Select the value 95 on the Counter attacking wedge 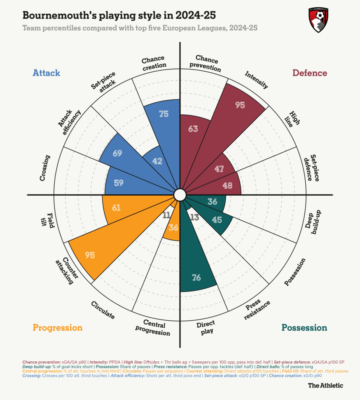pos(90,255)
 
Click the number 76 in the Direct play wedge pos(196,278)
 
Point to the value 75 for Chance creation pos(164,114)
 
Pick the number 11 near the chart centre pos(166,215)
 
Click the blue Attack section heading pos(46,73)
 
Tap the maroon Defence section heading pos(310,73)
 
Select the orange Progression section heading pos(57,327)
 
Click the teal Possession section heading pos(304,327)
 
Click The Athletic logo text pos(325,385)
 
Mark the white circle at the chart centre pos(180,195)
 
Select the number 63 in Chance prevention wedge pos(193,128)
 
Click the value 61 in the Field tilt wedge pos(116,207)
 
